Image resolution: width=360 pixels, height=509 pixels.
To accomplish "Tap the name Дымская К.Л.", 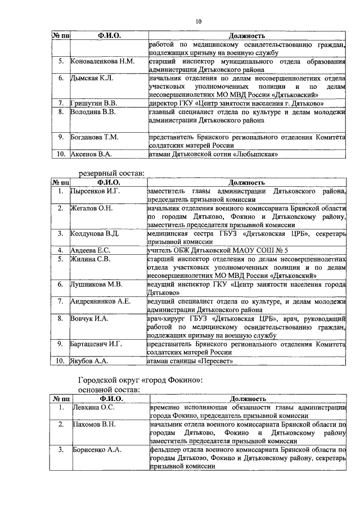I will click(x=92, y=78).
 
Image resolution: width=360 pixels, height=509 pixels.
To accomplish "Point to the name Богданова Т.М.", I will click(x=94, y=137).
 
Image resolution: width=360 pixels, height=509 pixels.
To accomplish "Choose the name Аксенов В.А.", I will click(x=91, y=154).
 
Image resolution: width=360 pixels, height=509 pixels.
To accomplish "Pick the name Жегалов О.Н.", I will click(x=91, y=209).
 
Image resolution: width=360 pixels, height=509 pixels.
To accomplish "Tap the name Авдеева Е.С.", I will click(x=90, y=250).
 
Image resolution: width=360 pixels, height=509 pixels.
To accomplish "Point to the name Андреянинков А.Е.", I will click(x=100, y=301).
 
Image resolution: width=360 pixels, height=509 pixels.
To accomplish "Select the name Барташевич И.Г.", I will click(x=96, y=344).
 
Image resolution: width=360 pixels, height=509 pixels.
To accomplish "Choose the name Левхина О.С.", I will click(x=92, y=408).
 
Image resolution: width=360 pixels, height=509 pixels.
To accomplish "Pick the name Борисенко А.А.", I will click(x=96, y=450).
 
